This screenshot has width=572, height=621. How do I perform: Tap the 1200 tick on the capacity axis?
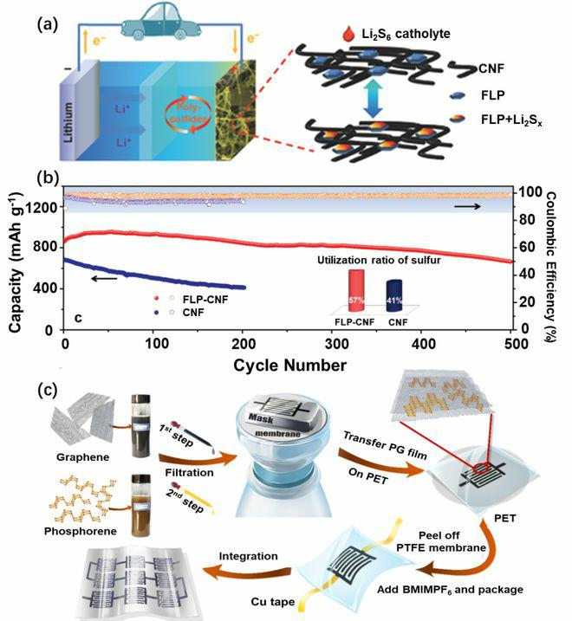tap(48, 207)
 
